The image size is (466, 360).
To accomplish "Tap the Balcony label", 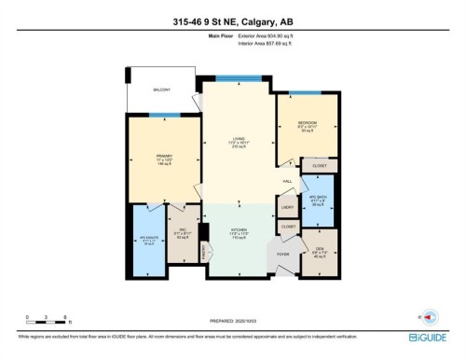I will coord(163,89).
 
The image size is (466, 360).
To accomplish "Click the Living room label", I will coord(239,143).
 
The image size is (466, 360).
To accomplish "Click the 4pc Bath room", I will coord(319,200).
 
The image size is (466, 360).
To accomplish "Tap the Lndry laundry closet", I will coord(287,206).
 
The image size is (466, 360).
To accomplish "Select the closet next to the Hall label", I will coord(320,166).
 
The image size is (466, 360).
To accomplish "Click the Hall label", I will coord(289,181).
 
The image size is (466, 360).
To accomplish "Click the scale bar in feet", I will coord(45,322).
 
